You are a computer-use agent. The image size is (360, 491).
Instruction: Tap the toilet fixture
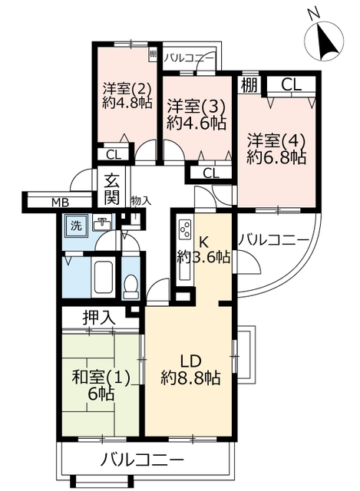tap(130, 286)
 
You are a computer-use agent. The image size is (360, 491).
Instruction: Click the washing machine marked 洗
tap(75, 226)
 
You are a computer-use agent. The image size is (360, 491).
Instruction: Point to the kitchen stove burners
tap(184, 229)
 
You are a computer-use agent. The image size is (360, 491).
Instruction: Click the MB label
tap(60, 203)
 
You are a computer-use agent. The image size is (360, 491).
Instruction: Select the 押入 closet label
tap(99, 318)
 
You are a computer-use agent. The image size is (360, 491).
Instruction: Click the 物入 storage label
tap(141, 201)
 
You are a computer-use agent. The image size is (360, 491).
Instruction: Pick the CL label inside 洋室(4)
tap(291, 84)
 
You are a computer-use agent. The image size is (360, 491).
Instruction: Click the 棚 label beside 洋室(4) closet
tap(249, 84)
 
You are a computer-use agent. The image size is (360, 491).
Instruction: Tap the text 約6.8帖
tap(276, 157)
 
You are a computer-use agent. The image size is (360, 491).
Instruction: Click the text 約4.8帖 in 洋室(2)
tap(127, 102)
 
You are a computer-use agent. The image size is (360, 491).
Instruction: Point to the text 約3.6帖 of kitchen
tap(203, 257)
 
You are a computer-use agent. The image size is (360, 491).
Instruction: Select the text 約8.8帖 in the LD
tap(190, 378)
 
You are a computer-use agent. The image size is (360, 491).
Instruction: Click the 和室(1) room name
tap(101, 378)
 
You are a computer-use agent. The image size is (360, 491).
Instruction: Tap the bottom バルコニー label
tap(141, 460)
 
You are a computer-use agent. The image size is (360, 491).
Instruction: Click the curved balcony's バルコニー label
tap(273, 240)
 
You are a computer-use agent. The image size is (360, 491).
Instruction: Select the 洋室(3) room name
tap(197, 107)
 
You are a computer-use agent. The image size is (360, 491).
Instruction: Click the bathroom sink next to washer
tap(102, 223)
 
